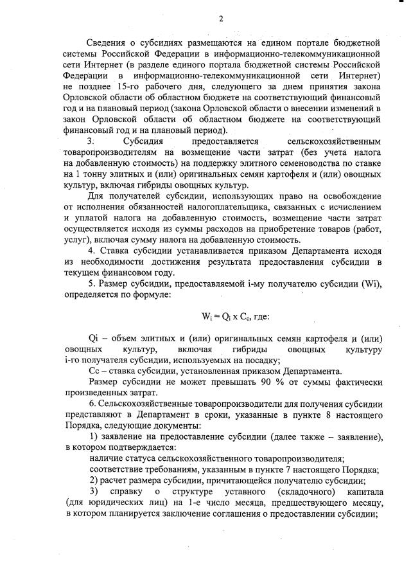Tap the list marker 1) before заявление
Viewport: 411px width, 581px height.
pyautogui.click(x=94, y=436)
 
